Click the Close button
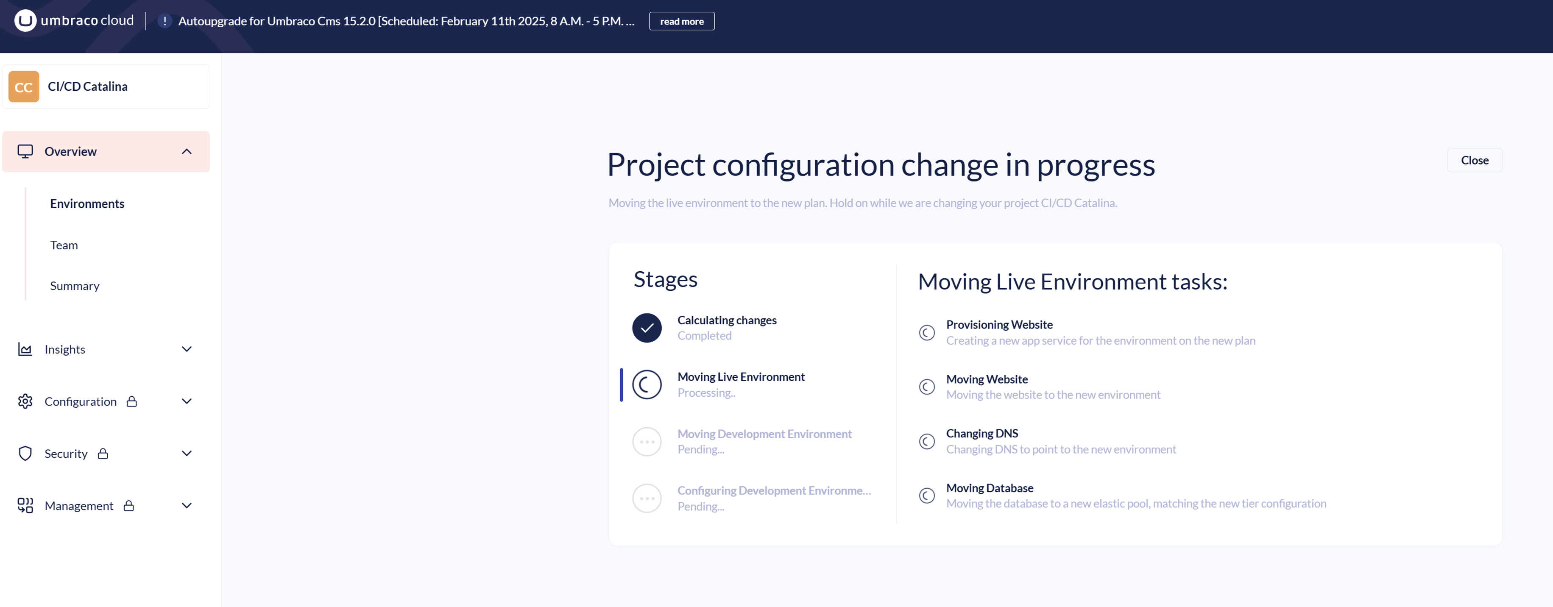tap(1475, 160)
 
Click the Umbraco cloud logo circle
tap(25, 20)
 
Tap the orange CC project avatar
tap(23, 87)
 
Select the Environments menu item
tap(87, 204)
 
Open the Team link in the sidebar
tap(64, 245)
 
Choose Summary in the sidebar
tap(75, 286)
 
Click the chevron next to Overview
tap(187, 151)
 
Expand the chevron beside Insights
tap(187, 349)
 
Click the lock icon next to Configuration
tap(131, 401)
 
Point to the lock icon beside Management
tap(128, 506)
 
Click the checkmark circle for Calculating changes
tap(647, 328)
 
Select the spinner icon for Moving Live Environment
tap(647, 384)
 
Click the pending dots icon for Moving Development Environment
tap(647, 442)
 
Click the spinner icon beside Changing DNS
tap(927, 441)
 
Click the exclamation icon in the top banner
tap(165, 21)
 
